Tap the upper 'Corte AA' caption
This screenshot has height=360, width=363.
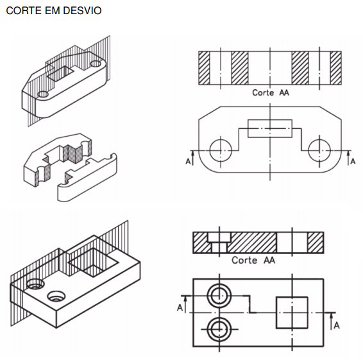click(x=271, y=92)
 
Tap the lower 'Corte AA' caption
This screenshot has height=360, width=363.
click(x=253, y=260)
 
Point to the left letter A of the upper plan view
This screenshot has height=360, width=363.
click(x=188, y=161)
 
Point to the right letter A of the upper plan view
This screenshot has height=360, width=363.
click(x=353, y=161)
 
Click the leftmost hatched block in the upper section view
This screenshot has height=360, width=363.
click(x=204, y=68)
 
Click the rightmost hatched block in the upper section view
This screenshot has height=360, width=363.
click(x=335, y=68)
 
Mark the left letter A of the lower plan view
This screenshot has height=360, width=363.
click(x=180, y=307)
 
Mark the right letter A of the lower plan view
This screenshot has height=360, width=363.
click(x=337, y=325)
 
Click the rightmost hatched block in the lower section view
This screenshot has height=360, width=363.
click(x=316, y=243)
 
